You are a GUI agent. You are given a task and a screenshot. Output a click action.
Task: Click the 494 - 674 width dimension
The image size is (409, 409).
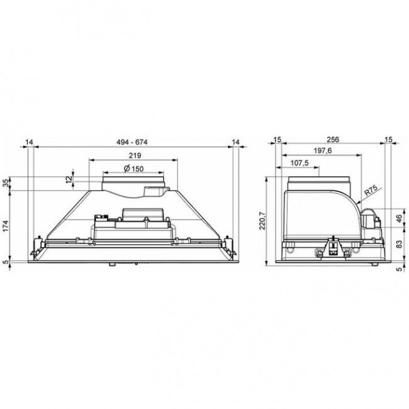tap(132, 142)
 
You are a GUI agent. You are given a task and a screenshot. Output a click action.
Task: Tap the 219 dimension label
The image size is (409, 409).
tap(135, 155)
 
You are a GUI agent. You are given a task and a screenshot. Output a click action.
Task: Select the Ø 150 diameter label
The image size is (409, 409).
tap(133, 169)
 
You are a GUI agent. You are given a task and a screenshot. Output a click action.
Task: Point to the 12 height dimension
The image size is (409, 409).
tap(69, 179)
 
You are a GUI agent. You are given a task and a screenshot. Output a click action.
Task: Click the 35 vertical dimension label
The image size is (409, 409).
tap(6, 184)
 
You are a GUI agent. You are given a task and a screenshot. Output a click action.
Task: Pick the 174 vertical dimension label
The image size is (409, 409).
tap(6, 226)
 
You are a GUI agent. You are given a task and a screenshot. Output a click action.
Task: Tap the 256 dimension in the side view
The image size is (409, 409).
tap(333, 140)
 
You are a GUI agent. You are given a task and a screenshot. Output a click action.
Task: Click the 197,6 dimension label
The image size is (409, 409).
tap(323, 151)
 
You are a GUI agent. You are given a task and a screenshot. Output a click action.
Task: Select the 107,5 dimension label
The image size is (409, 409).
tap(300, 163)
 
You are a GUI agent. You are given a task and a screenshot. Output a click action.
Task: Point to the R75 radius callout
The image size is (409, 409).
tap(371, 191)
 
